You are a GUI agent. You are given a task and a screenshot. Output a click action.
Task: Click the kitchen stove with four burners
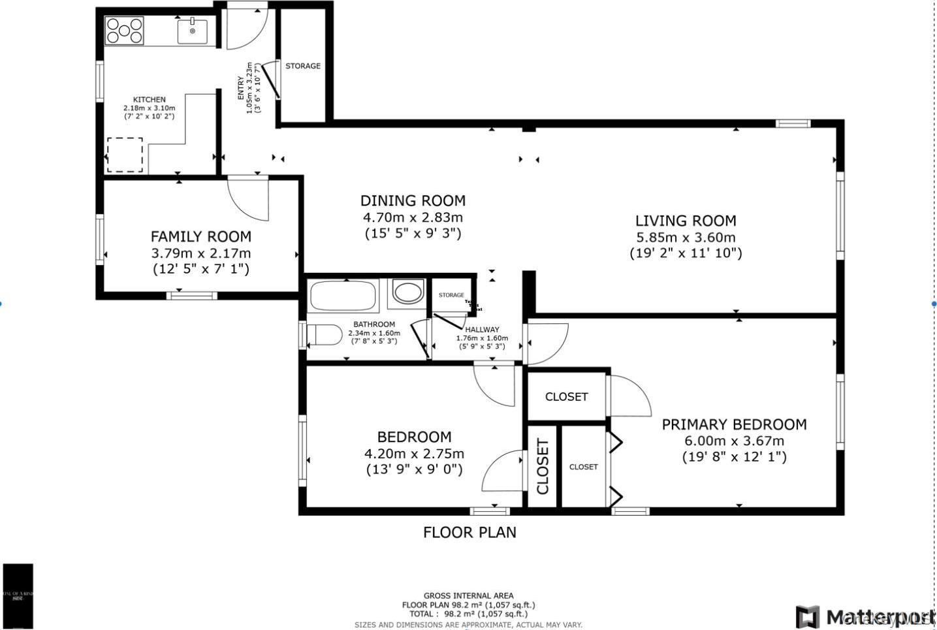click(x=125, y=31)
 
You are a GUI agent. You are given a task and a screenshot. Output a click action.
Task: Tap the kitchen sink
click(x=193, y=31)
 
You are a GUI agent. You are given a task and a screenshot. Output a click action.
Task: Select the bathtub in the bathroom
click(x=343, y=295)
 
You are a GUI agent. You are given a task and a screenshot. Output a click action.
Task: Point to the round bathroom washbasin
click(x=408, y=293)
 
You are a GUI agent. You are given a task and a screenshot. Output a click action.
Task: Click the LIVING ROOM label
click(x=686, y=221)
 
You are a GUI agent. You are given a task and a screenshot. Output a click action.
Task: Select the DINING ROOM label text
click(x=413, y=200)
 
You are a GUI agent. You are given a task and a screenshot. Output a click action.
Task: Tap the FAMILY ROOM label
click(x=200, y=236)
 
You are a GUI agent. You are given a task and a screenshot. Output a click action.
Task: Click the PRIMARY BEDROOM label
click(x=734, y=424)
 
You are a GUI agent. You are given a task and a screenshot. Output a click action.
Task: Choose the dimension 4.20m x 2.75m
click(x=414, y=454)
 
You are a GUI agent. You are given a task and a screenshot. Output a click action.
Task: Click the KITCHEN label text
click(x=150, y=100)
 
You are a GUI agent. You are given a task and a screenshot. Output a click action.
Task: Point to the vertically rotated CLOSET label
click(x=543, y=466)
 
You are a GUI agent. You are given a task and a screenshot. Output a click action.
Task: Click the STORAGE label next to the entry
click(x=303, y=66)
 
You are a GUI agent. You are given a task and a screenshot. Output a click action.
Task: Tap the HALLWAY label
click(x=482, y=330)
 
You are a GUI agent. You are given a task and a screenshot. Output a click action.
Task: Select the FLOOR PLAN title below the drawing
click(x=469, y=532)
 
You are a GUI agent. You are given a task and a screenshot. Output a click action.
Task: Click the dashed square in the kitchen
click(x=125, y=155)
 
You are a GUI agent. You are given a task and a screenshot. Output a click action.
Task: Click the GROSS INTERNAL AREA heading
click(x=468, y=595)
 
